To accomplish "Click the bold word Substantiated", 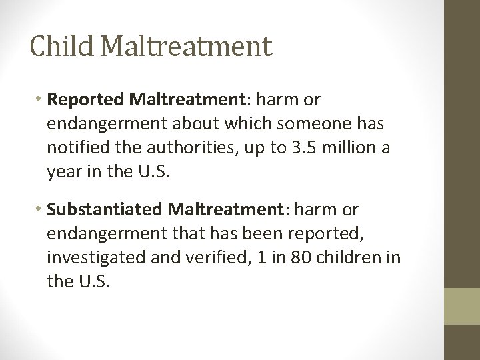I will pyautogui.click(x=103, y=210).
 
